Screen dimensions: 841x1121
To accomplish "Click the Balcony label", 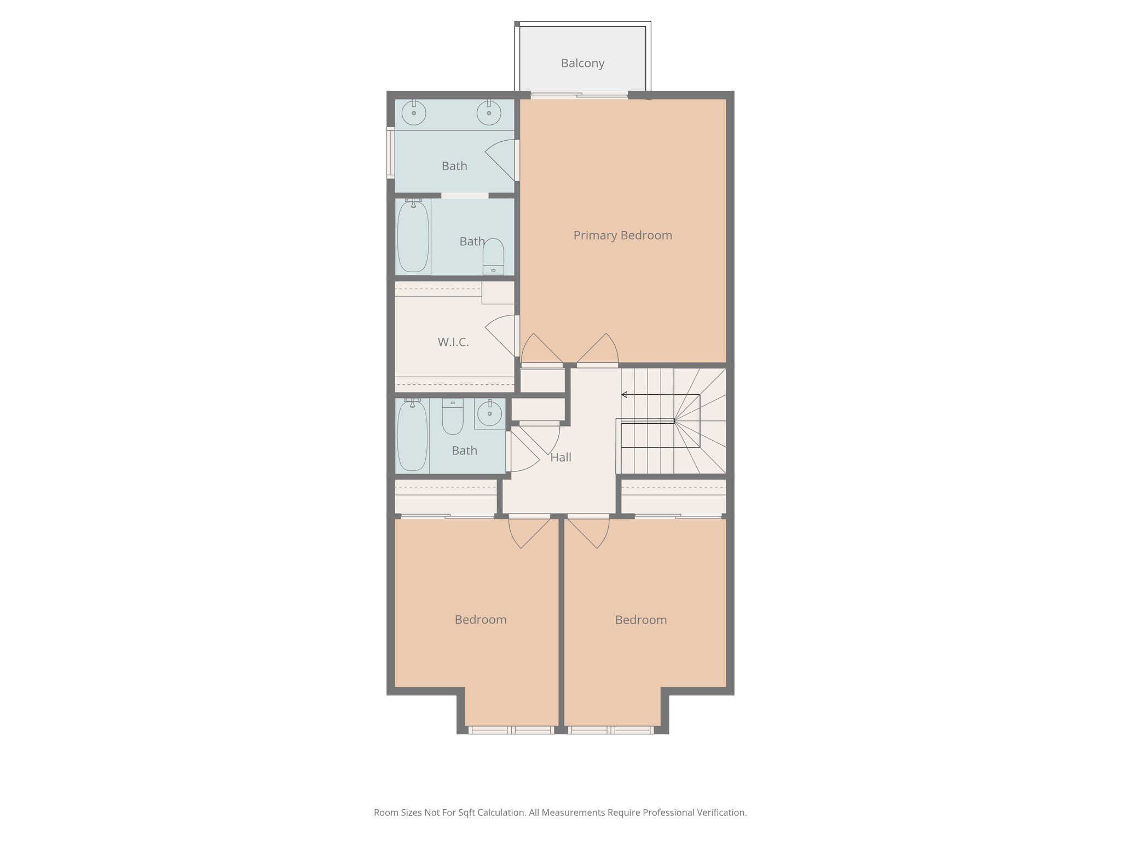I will pyautogui.click(x=582, y=64).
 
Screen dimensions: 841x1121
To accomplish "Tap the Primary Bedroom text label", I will pyautogui.click(x=622, y=235).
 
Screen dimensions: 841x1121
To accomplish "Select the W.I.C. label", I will pyautogui.click(x=453, y=342).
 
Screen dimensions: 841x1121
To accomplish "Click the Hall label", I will pyautogui.click(x=560, y=457).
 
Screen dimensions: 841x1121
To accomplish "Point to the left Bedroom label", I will pyautogui.click(x=481, y=620).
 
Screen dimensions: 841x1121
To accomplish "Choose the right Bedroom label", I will pyautogui.click(x=641, y=620).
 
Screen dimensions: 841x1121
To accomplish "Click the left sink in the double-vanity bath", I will pyautogui.click(x=414, y=113).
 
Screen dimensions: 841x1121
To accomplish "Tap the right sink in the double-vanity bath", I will pyautogui.click(x=489, y=113).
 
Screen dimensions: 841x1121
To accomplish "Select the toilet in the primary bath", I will pyautogui.click(x=493, y=256).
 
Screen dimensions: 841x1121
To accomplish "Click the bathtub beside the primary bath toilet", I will pyautogui.click(x=413, y=237).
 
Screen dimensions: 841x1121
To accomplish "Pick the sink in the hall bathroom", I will pyautogui.click(x=489, y=413).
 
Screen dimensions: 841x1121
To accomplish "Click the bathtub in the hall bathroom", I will pyautogui.click(x=412, y=435).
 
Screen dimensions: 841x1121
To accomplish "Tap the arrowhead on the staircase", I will pyautogui.click(x=624, y=395).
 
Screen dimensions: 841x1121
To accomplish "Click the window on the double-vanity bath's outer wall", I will pyautogui.click(x=390, y=153).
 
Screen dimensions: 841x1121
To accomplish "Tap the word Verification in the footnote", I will pyautogui.click(x=721, y=813).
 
